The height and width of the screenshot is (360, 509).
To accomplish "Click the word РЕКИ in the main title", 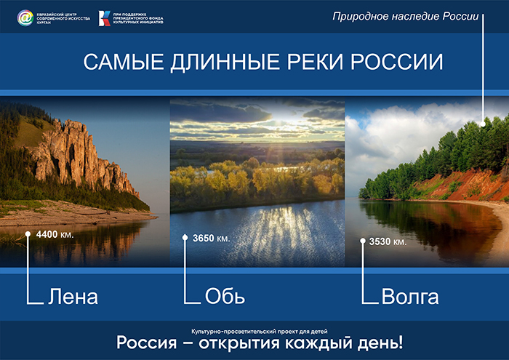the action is [315, 62].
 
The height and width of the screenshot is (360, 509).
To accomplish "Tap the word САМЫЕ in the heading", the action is [124, 62].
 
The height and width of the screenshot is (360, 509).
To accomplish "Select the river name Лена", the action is [73, 297].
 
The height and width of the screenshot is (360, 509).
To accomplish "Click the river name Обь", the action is [225, 296].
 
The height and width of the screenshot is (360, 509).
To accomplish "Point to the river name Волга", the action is [410, 297].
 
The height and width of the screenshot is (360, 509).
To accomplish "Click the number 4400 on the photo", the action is [47, 234].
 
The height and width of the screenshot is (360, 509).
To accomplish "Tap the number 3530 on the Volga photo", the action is [380, 241].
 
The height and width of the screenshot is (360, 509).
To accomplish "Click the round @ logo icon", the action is [25, 17].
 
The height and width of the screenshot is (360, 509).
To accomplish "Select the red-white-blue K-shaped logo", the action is [105, 18].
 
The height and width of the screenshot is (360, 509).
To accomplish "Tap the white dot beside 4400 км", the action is [28, 233].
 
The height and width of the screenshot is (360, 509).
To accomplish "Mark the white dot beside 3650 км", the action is [185, 238].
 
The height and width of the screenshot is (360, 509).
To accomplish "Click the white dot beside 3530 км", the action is [363, 241].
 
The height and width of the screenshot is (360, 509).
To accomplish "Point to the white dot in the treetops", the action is [483, 124].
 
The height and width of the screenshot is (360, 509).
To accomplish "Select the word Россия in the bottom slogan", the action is [147, 343].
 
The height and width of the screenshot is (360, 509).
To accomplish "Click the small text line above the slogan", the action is [260, 332].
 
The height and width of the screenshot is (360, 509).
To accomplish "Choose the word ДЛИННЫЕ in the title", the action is [225, 63].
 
